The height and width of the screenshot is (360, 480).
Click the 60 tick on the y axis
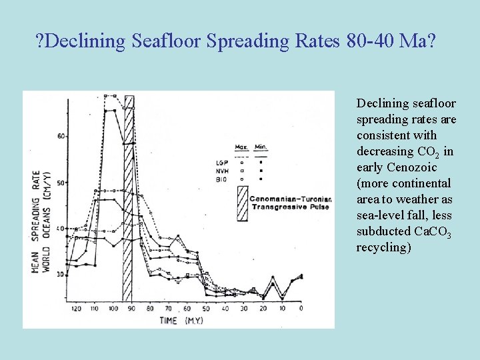coord(61,136)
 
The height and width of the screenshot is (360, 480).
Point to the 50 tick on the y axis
coord(61,183)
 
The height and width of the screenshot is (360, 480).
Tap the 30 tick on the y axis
coord(61,274)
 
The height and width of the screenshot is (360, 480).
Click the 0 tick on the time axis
coord(301,309)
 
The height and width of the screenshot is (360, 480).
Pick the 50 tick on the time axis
coord(206,309)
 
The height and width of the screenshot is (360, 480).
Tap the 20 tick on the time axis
coord(263,309)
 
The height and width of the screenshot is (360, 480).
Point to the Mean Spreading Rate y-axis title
coord(40,220)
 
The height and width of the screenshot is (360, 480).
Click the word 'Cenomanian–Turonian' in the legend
coord(291,198)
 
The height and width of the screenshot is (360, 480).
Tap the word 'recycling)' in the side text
coord(383,247)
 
